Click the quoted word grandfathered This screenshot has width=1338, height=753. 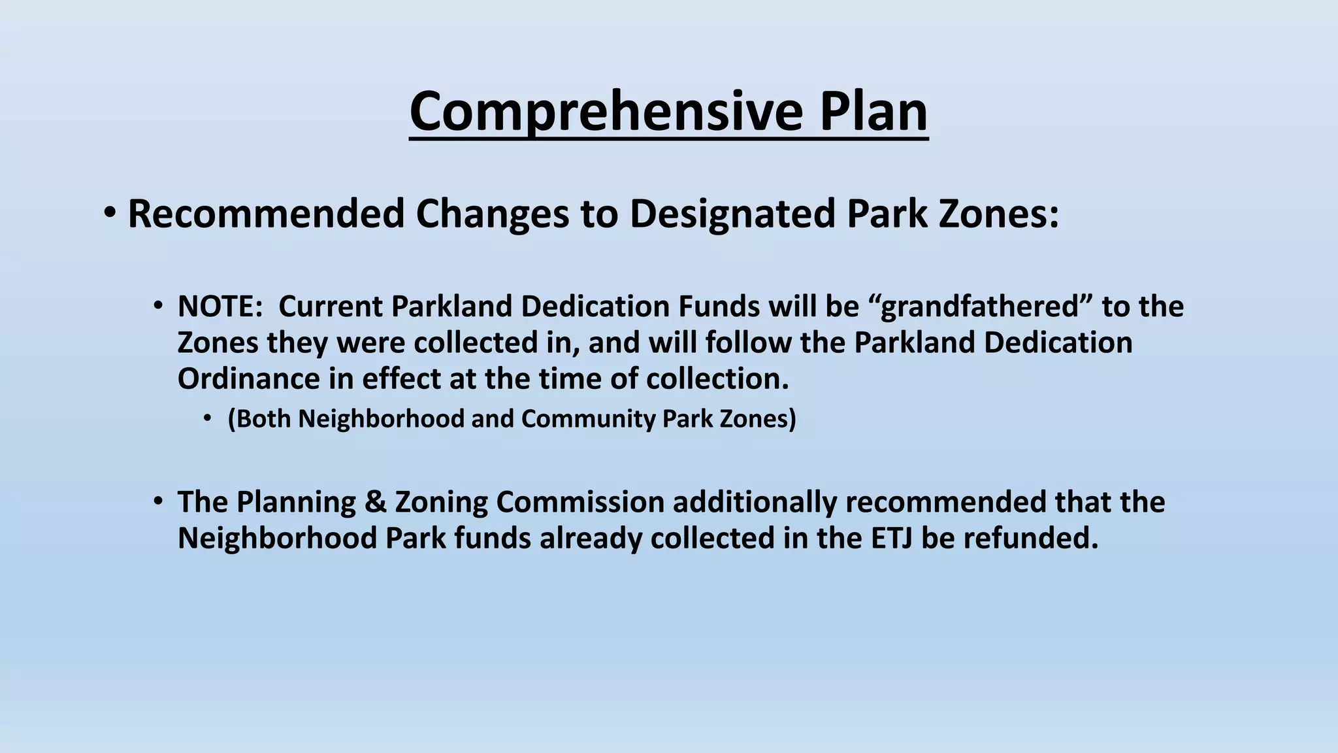(x=981, y=307)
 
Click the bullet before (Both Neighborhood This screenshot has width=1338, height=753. (x=208, y=419)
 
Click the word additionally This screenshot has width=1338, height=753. (x=755, y=503)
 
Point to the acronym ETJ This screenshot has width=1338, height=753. (x=892, y=539)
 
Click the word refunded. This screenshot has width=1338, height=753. (x=1032, y=539)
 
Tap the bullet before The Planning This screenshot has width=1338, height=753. (x=157, y=502)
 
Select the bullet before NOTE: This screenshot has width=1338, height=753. (x=157, y=306)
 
